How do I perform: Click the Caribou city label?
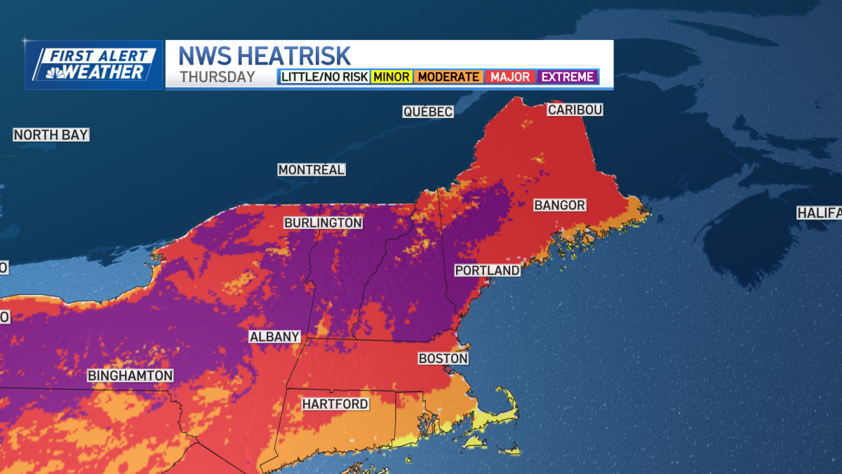575,110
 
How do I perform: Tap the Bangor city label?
559,205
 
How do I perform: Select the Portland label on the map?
487,270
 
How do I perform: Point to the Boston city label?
443,358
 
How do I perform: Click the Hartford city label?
335,404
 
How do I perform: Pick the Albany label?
275,337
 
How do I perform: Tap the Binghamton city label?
130,376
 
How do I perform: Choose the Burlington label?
323,223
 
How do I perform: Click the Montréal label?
312,170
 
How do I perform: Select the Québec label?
428,112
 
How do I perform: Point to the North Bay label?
51,135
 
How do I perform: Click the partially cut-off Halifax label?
819,212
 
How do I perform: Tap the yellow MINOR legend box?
392,77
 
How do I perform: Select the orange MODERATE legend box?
448,77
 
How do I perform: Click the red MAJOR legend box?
510,77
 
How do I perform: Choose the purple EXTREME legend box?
567,77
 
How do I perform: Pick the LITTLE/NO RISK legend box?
325,77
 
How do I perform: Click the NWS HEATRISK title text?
265,55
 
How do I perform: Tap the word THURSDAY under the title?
217,77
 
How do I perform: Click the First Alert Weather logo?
94,65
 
